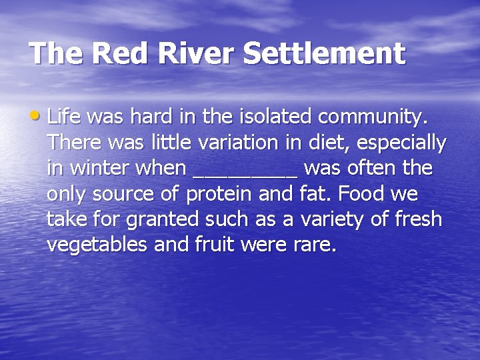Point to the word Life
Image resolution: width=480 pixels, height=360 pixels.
point(65,117)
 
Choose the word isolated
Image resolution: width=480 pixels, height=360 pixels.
point(273,117)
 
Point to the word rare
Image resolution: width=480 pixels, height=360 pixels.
point(314,245)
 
